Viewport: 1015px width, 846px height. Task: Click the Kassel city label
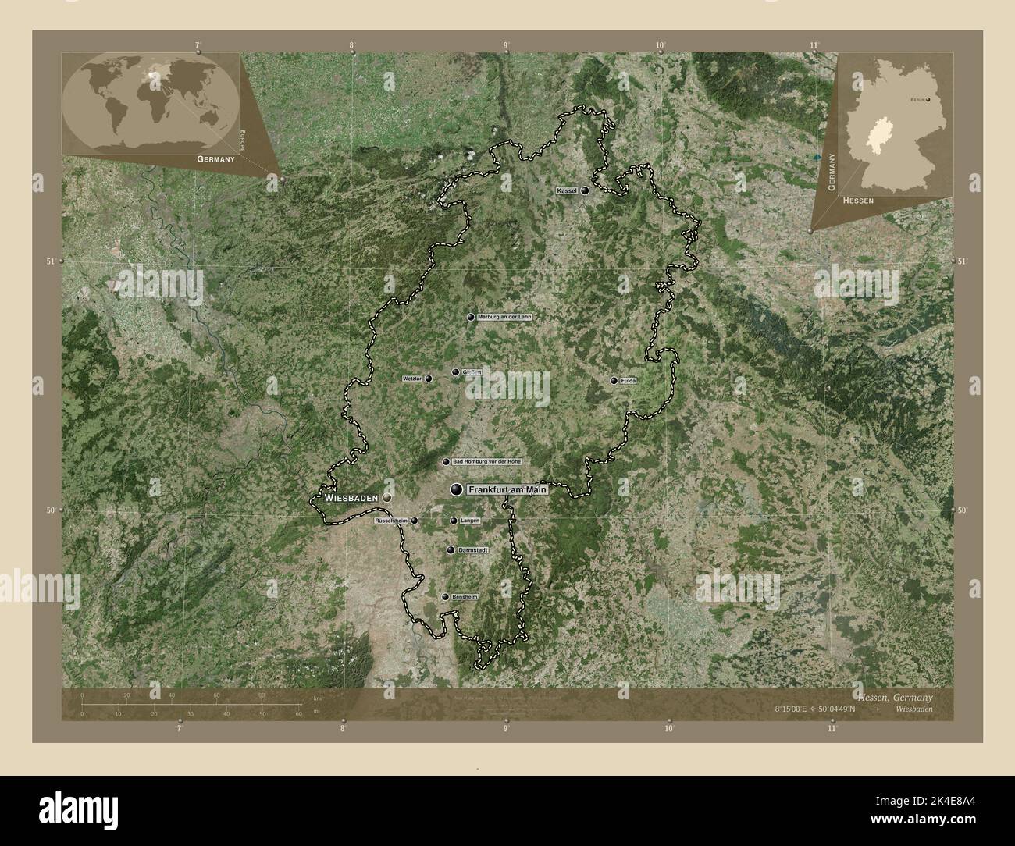point(566,191)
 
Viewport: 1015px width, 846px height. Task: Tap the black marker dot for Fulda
point(614,381)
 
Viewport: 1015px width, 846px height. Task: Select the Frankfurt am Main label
point(507,490)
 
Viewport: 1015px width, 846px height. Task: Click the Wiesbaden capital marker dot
point(386,496)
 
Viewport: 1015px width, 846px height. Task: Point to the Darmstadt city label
point(473,550)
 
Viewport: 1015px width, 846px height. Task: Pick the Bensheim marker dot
point(445,597)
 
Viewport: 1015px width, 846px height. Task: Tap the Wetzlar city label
point(412,379)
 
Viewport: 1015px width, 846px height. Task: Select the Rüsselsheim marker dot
point(415,521)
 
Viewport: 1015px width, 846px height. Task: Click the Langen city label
point(470,521)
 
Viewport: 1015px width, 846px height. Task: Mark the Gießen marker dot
point(455,373)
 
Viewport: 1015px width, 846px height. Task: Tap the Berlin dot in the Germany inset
point(928,100)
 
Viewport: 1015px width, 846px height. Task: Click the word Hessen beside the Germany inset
point(858,201)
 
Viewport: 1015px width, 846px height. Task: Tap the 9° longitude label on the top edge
point(507,45)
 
